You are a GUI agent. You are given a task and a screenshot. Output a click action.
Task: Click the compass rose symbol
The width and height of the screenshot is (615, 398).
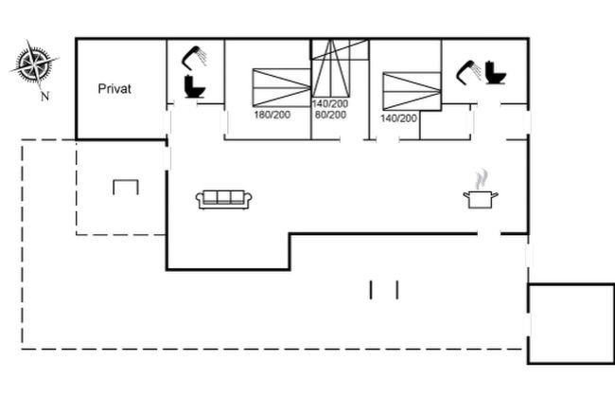34,64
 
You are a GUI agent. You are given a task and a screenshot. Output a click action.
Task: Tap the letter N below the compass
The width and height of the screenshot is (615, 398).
44,95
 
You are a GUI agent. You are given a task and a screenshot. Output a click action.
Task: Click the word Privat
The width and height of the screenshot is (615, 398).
114,89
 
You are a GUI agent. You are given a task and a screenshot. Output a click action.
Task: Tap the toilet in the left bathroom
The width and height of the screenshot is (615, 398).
195,86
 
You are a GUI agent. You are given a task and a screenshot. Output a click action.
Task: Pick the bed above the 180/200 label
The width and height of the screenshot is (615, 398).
281,87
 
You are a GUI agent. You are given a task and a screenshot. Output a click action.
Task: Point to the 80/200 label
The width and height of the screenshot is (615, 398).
328,115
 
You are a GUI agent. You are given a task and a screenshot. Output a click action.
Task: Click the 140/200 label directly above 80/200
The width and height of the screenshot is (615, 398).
329,103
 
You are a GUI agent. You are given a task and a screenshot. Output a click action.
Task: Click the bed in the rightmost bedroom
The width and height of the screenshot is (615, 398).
412,89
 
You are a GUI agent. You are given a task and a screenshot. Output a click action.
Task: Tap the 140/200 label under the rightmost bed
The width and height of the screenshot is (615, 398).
398,118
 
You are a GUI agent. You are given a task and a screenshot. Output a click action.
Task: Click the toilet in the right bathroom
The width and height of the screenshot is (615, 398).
494,72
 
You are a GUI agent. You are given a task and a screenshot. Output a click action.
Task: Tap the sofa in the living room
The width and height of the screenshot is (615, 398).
224,198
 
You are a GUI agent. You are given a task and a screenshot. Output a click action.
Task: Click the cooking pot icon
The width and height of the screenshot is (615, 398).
481,198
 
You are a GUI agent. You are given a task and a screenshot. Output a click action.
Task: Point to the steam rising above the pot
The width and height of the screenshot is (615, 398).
482,177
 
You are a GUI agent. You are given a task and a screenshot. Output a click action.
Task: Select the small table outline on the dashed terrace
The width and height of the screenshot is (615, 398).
126,186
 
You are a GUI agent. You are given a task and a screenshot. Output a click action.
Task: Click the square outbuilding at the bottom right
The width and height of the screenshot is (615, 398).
571,322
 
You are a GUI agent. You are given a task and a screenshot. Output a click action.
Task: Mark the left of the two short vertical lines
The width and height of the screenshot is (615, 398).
372,289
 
